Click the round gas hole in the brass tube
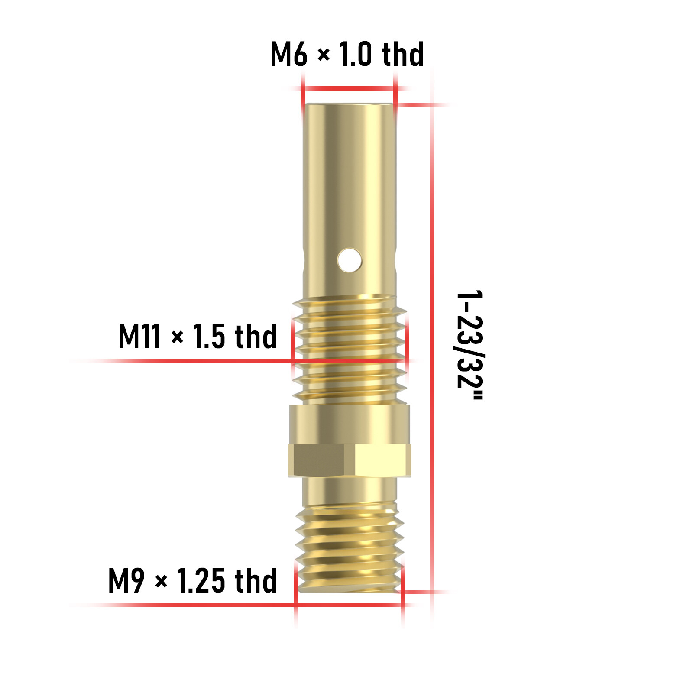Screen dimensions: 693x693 click(349, 260)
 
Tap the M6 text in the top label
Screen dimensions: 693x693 click(288, 54)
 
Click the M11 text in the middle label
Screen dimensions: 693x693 click(139, 337)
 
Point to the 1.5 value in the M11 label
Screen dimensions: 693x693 click(209, 337)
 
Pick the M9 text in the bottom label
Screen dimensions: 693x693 click(126, 581)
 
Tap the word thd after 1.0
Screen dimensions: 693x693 click(403, 54)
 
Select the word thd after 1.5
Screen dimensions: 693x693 click(256, 337)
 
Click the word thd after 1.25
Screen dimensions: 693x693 click(256, 581)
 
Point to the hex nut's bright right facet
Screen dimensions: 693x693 click(381, 460)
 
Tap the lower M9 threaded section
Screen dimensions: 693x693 click(349, 548)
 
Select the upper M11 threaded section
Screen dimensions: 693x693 click(349, 346)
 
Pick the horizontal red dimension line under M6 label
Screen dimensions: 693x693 click(349, 88)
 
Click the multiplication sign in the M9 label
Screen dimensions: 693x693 click(161, 582)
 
